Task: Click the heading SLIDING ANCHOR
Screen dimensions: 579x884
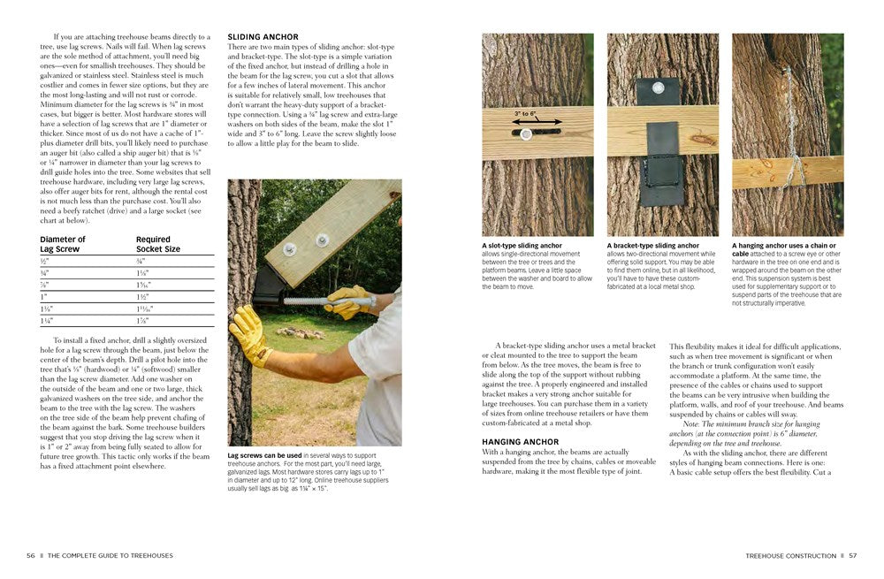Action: pos(263,37)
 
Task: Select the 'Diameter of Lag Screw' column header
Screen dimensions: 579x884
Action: pos(63,244)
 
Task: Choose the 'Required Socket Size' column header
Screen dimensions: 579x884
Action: pos(158,244)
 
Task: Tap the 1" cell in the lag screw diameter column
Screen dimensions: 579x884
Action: pos(43,297)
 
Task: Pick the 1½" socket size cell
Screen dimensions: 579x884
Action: pos(142,297)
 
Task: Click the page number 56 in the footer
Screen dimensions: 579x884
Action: pos(31,555)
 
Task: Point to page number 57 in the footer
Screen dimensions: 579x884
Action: pos(852,555)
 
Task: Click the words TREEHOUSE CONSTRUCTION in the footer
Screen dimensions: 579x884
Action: pos(790,555)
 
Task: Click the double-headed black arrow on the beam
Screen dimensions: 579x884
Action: pos(525,123)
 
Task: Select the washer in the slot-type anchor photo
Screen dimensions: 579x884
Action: pos(526,135)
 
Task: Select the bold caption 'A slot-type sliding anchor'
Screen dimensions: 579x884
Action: pos(522,246)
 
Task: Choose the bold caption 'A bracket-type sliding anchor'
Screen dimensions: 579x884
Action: pos(652,246)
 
